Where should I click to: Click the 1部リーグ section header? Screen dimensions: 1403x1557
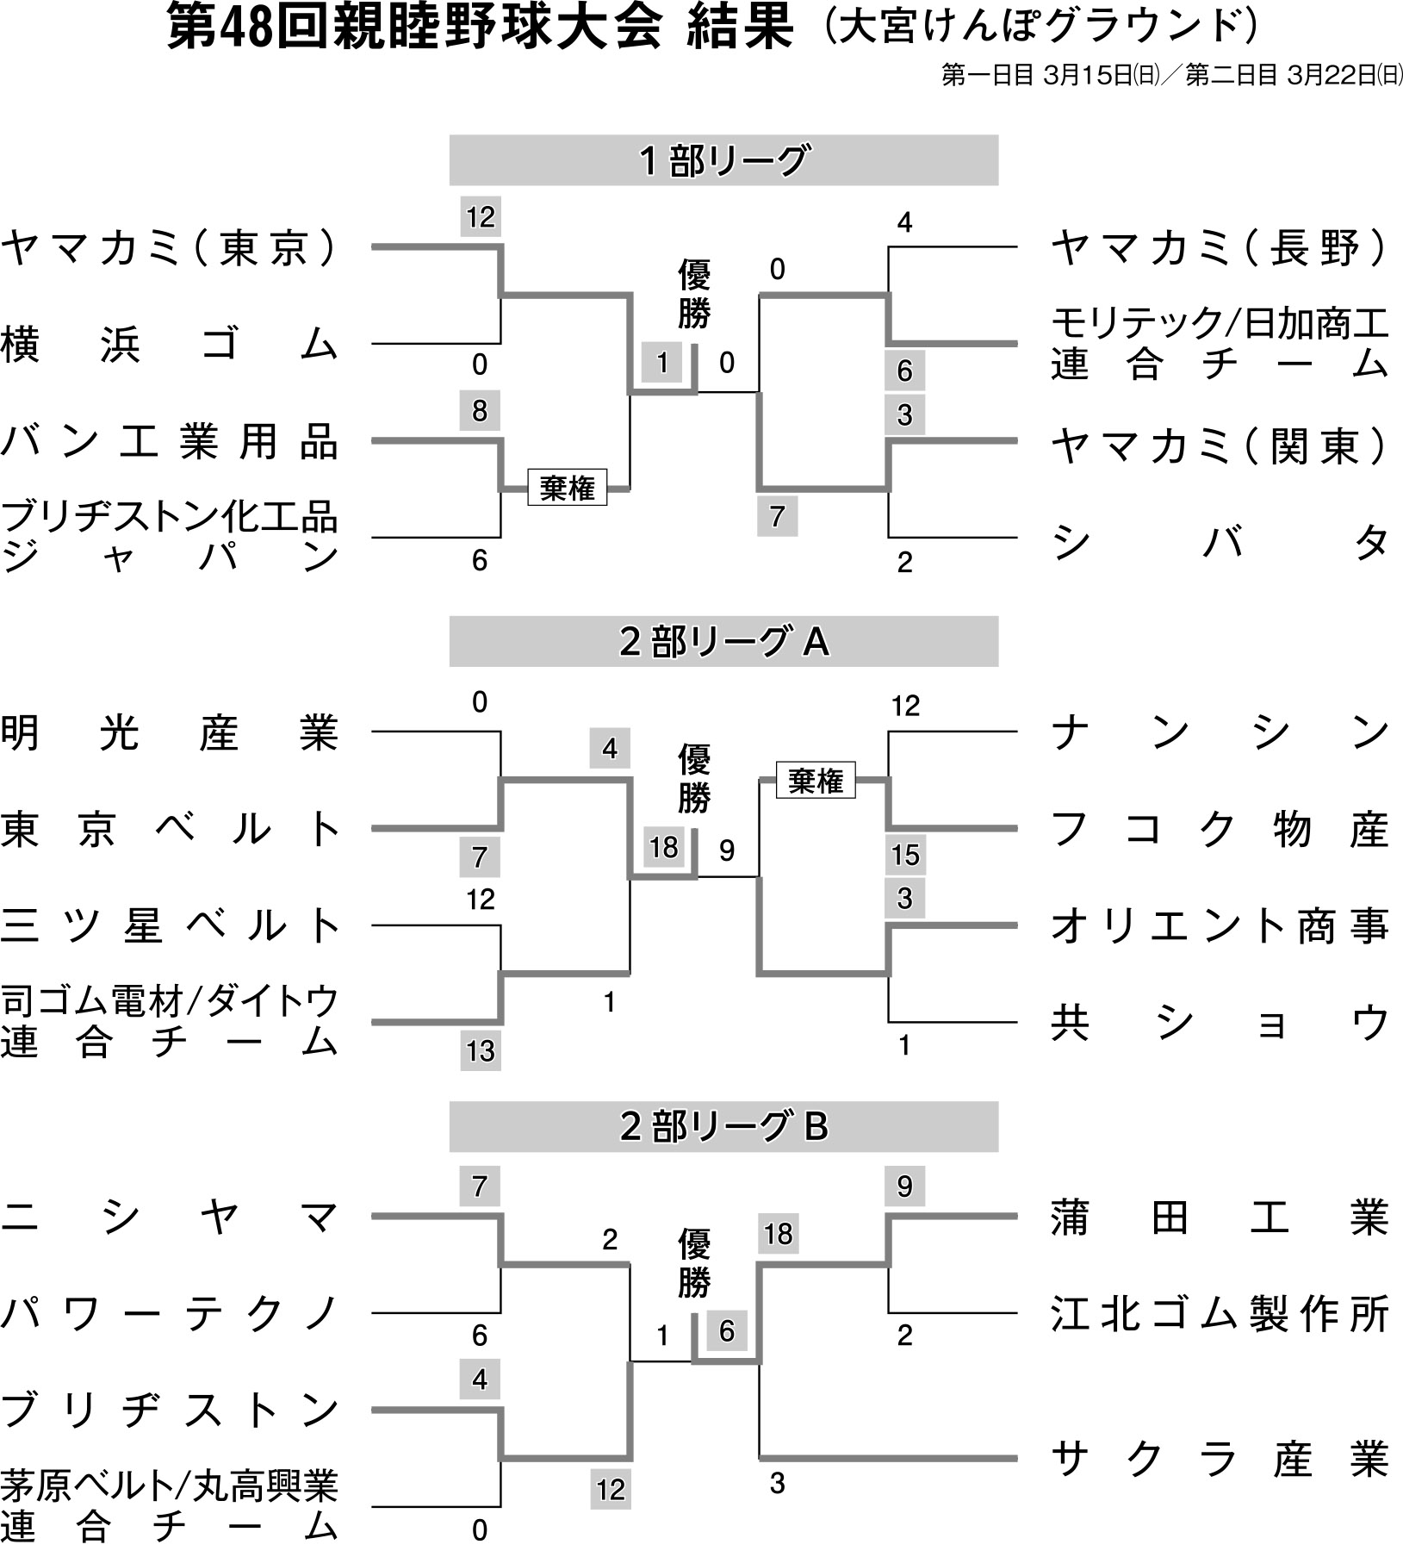pyautogui.click(x=723, y=160)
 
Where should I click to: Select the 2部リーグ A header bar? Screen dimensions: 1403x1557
pyautogui.click(x=723, y=642)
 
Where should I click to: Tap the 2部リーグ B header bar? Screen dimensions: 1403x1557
pyautogui.click(x=723, y=1126)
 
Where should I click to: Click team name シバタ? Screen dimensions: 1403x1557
pyautogui.click(x=1220, y=542)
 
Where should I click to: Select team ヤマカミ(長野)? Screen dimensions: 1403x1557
pyautogui.click(x=1220, y=248)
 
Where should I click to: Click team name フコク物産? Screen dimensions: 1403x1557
pyautogui.click(x=1220, y=830)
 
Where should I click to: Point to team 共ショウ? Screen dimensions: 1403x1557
pyautogui.click(x=1220, y=1024)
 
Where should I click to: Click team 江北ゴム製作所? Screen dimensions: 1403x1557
pyautogui.click(x=1220, y=1315)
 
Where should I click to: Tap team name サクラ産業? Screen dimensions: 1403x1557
pyautogui.click(x=1220, y=1459)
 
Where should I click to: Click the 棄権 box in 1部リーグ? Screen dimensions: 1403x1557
pyautogui.click(x=568, y=489)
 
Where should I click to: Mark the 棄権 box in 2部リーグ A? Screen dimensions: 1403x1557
pyautogui.click(x=816, y=781)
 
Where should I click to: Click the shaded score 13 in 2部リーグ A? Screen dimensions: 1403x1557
pyautogui.click(x=481, y=1050)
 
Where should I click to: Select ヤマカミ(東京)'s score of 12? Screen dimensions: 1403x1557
pyautogui.click(x=481, y=217)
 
